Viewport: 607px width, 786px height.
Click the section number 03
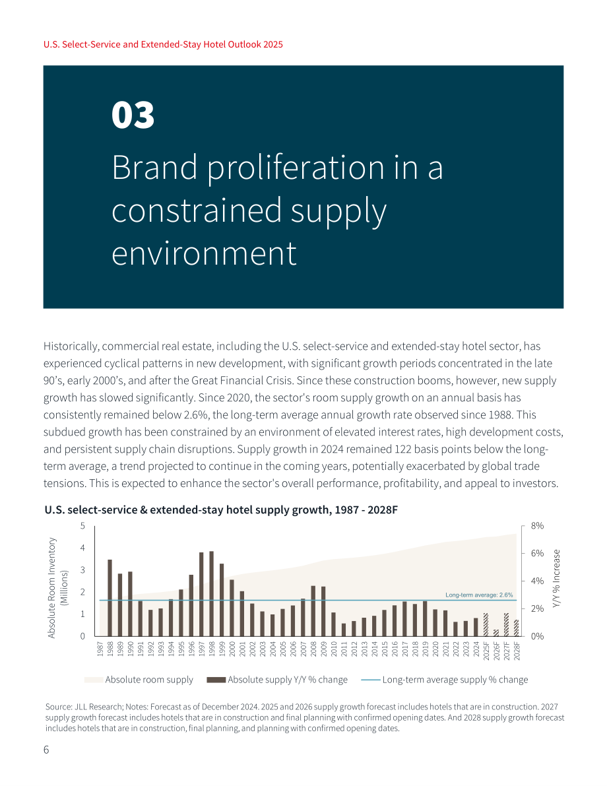pyautogui.click(x=133, y=115)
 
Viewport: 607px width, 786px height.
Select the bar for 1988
pyautogui.click(x=110, y=598)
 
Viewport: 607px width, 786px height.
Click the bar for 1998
pyautogui.click(x=212, y=594)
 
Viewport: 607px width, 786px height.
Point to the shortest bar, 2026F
pyautogui.click(x=496, y=633)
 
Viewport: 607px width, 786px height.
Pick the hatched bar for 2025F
pyautogui.click(x=486, y=624)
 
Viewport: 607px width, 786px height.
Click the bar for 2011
pyautogui.click(x=344, y=630)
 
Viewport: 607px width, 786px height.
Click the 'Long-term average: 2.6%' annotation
pyautogui.click(x=479, y=595)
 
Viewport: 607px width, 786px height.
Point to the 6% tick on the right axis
pyautogui.click(x=537, y=554)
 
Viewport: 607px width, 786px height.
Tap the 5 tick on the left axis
pyautogui.click(x=82, y=526)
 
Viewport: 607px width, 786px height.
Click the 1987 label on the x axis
pyautogui.click(x=100, y=649)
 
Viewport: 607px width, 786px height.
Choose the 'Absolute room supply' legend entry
pyautogui.click(x=139, y=680)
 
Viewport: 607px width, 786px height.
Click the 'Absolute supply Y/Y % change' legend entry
pyautogui.click(x=277, y=680)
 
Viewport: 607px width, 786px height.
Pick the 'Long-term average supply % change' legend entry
pyautogui.click(x=444, y=680)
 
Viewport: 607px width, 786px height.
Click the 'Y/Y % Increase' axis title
pyautogui.click(x=556, y=579)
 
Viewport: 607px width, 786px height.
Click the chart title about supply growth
pyautogui.click(x=221, y=509)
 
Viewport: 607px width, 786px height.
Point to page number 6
pyautogui.click(x=46, y=750)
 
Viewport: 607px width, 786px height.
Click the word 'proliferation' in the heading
pyautogui.click(x=296, y=168)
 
